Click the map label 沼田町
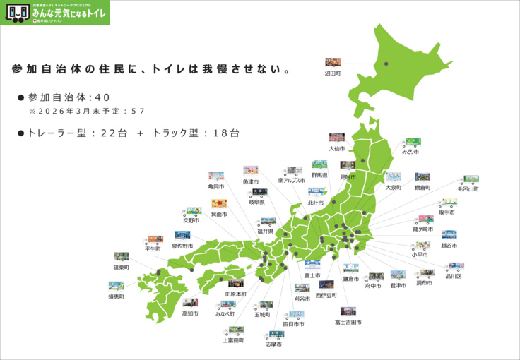[333, 73]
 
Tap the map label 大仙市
[337, 149]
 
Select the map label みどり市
[410, 152]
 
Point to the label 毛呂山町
[468, 189]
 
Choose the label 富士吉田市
[348, 322]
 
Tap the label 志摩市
[273, 344]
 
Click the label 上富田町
[233, 340]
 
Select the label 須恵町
[116, 297]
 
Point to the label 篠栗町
[122, 268]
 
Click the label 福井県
[265, 232]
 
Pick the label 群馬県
[319, 174]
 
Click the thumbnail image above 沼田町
[333, 62]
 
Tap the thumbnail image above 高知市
[190, 303]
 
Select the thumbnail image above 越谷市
[449, 235]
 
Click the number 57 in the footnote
[138, 112]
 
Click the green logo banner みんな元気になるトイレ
[54, 12]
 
